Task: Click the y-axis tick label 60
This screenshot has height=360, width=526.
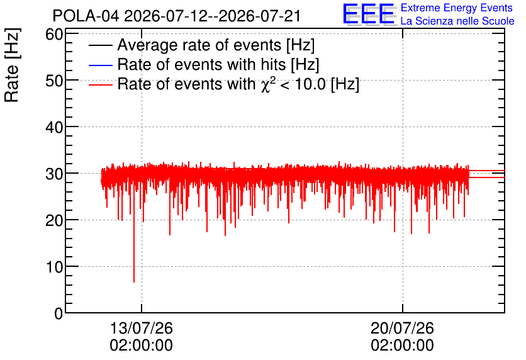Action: pyautogui.click(x=54, y=34)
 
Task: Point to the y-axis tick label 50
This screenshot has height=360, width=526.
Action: pyautogui.click(x=54, y=81)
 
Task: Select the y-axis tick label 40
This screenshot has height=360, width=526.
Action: pyautogui.click(x=54, y=128)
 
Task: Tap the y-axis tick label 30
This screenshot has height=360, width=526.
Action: pyautogui.click(x=54, y=174)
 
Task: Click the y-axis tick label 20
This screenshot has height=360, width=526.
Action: pyautogui.click(x=54, y=221)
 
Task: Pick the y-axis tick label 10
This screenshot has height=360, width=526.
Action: pyautogui.click(x=54, y=267)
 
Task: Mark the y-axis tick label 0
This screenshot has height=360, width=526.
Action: pyautogui.click(x=59, y=314)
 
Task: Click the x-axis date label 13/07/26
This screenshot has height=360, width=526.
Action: pyautogui.click(x=141, y=328)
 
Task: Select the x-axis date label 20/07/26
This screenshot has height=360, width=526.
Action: pyautogui.click(x=402, y=328)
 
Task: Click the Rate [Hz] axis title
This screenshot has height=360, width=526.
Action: pyautogui.click(x=12, y=65)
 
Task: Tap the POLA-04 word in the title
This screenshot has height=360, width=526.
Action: pyautogui.click(x=86, y=16)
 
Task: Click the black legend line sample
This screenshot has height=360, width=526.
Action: pyautogui.click(x=100, y=45)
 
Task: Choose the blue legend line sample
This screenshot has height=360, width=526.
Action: pyautogui.click(x=100, y=65)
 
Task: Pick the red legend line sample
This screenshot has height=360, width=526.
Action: pyautogui.click(x=100, y=84)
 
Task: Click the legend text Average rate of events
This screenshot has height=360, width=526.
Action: pyautogui.click(x=199, y=45)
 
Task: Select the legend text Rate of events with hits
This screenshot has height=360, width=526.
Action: pyautogui.click(x=201, y=64)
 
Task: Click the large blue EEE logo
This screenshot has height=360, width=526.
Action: pyautogui.click(x=369, y=14)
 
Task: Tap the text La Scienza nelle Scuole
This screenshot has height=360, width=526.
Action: pyautogui.click(x=457, y=21)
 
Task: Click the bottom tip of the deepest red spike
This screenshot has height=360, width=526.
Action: pyautogui.click(x=134, y=282)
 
